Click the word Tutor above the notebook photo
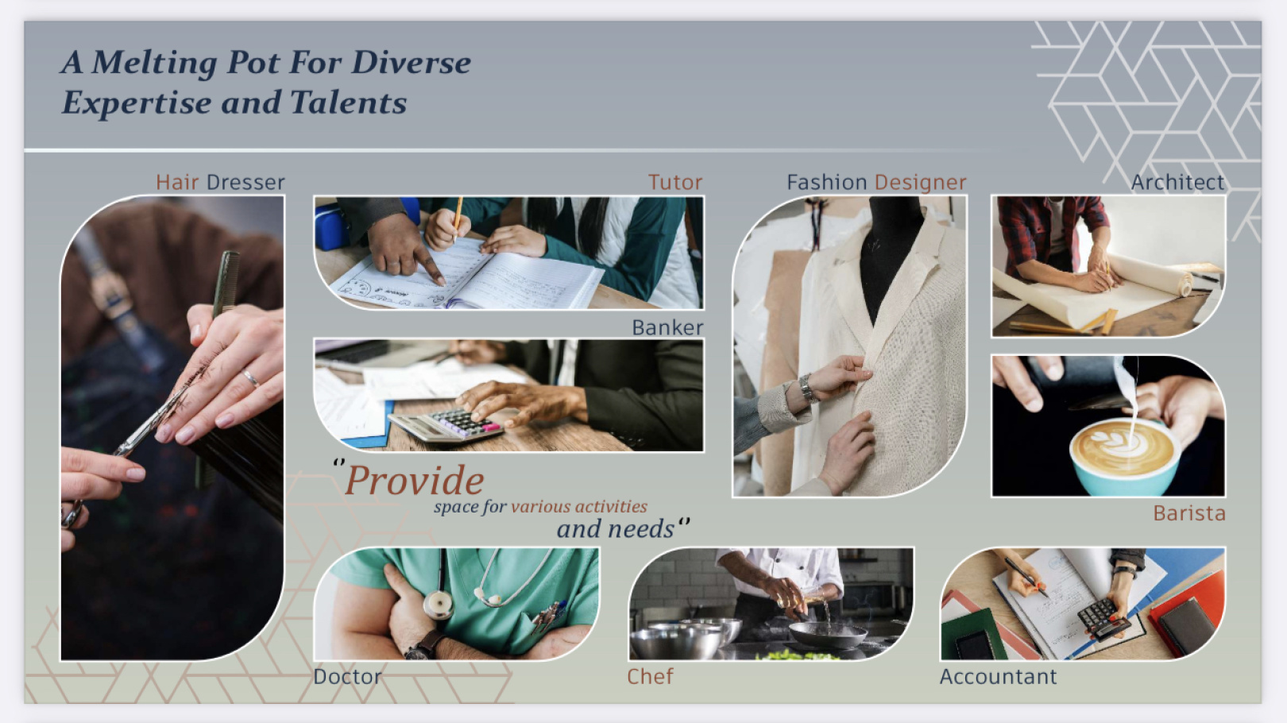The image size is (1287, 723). (x=675, y=182)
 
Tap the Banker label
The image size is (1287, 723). (x=667, y=327)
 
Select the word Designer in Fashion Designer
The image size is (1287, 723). (x=921, y=183)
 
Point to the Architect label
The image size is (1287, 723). (x=1178, y=182)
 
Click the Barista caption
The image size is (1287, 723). (x=1189, y=512)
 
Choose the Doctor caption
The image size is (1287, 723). (x=348, y=676)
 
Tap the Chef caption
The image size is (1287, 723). (x=650, y=676)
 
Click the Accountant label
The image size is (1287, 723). (x=998, y=676)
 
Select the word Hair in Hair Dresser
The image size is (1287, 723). (x=177, y=182)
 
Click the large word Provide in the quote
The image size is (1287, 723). (x=414, y=480)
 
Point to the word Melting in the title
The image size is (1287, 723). (x=154, y=64)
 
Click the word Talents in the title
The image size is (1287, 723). (x=348, y=102)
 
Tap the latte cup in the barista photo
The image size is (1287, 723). (x=1124, y=457)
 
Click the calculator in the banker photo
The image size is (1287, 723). (x=446, y=425)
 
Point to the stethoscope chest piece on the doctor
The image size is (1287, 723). (x=439, y=605)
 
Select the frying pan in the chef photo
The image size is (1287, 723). (x=828, y=635)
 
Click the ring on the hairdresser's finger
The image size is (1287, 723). (x=251, y=377)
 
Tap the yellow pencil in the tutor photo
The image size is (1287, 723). (x=458, y=219)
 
